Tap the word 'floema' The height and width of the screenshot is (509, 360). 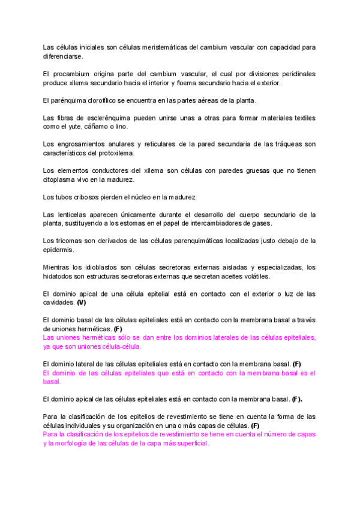[194, 83]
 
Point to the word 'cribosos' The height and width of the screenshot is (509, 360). [84, 197]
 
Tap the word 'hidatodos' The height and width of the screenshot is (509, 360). [59, 276]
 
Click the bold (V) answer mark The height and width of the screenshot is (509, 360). [82, 303]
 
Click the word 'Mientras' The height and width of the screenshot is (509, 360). [59, 267]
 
